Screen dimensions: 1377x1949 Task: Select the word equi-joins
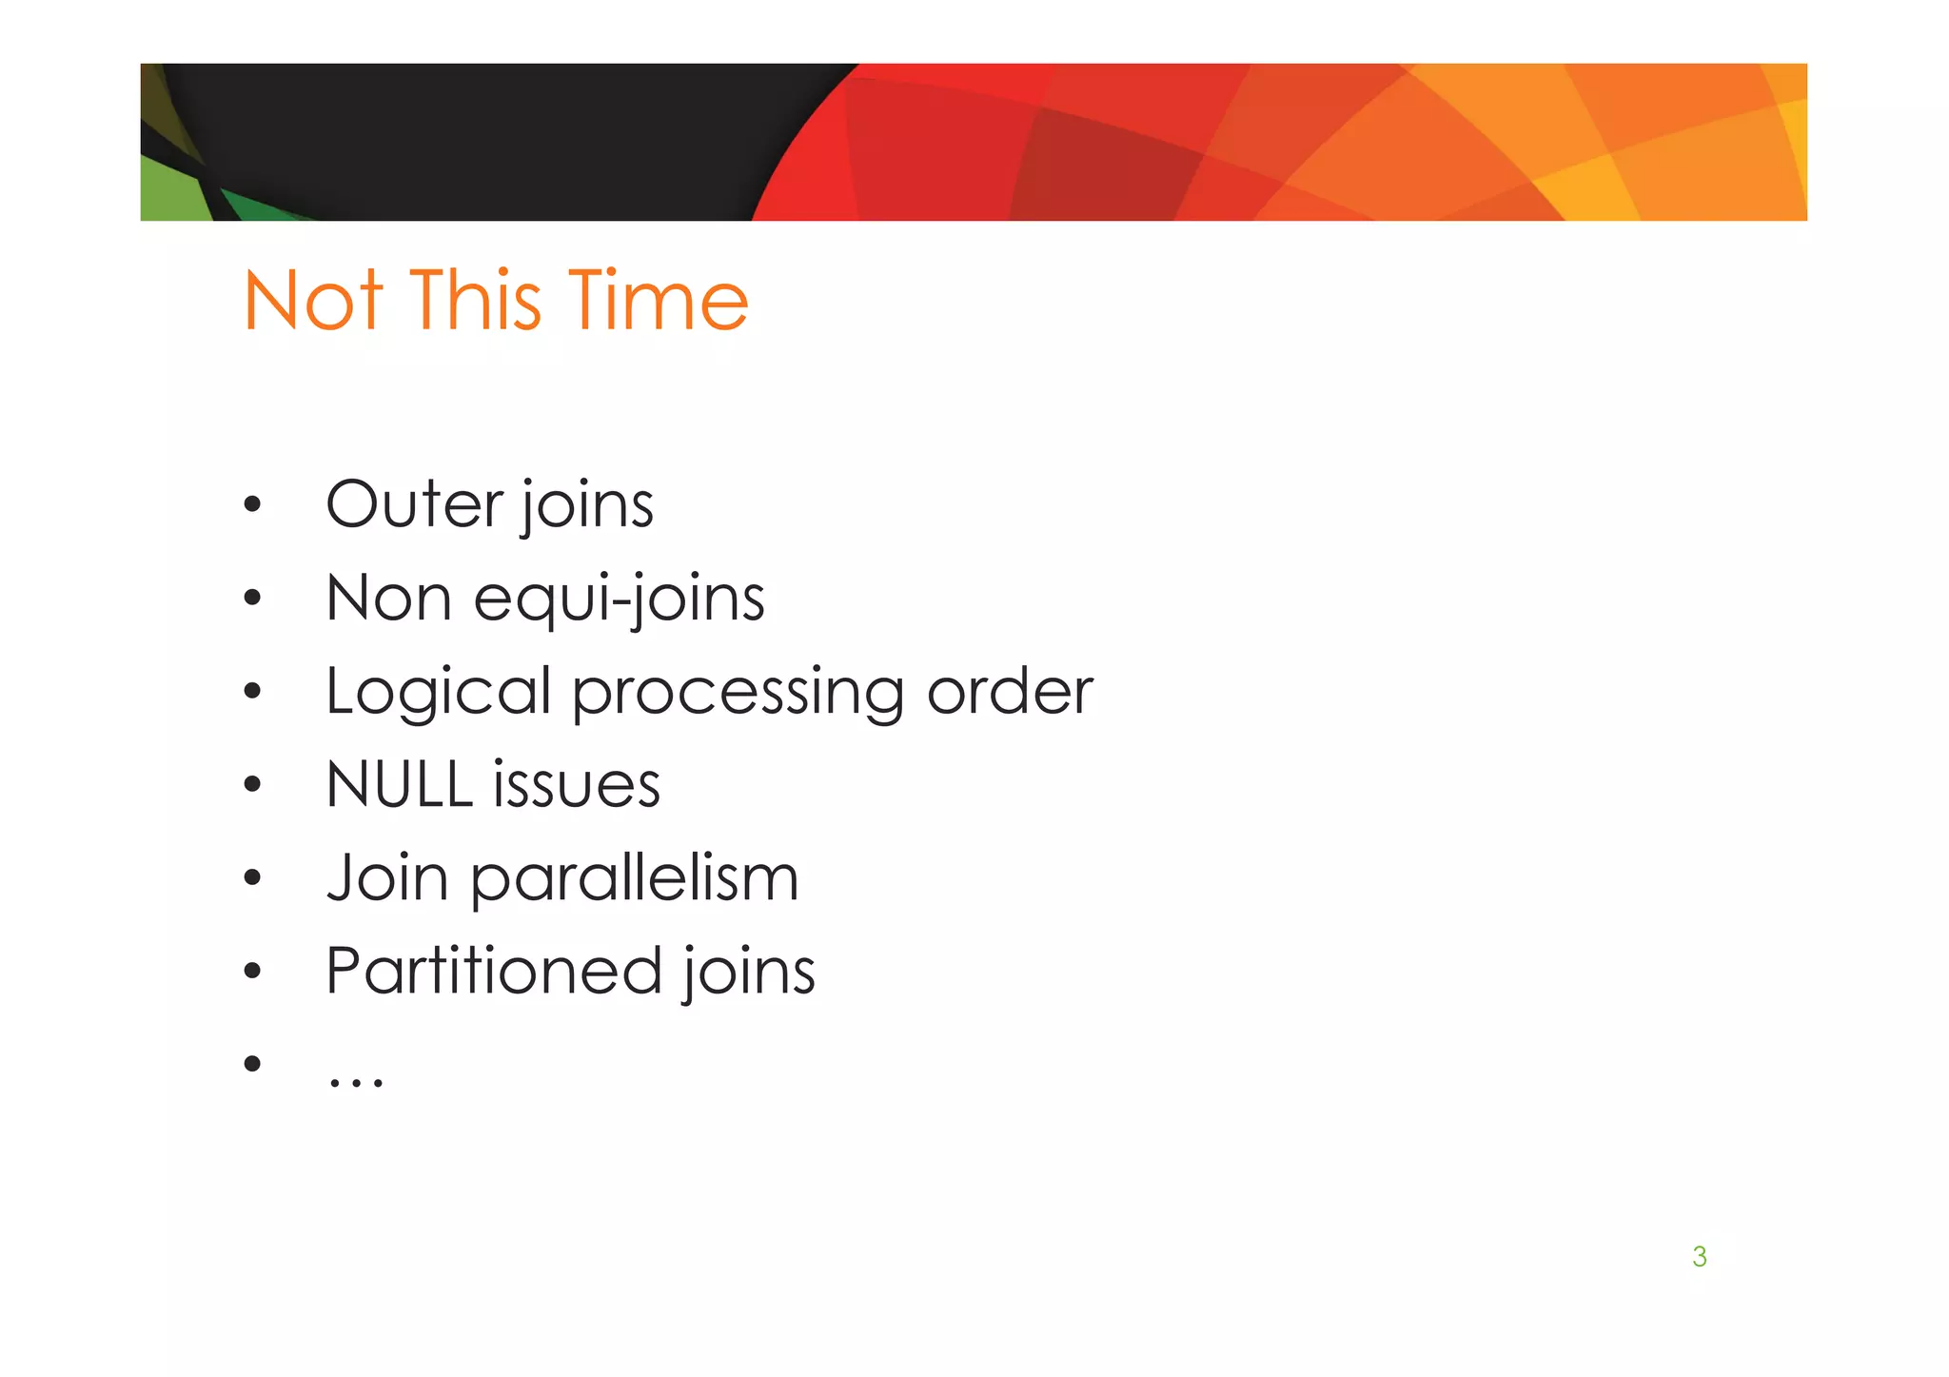coord(620,600)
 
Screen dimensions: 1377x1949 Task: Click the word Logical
coord(439,693)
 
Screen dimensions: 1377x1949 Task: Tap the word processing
coord(738,693)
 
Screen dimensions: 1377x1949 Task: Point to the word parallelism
coord(635,879)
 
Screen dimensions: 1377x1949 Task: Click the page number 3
coord(1700,1256)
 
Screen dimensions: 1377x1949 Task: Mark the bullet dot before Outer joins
coord(251,504)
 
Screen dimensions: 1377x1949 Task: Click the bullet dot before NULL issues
coord(251,785)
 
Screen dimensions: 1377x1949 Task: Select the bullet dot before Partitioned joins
coord(251,972)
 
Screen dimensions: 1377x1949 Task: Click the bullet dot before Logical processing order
coord(251,692)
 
